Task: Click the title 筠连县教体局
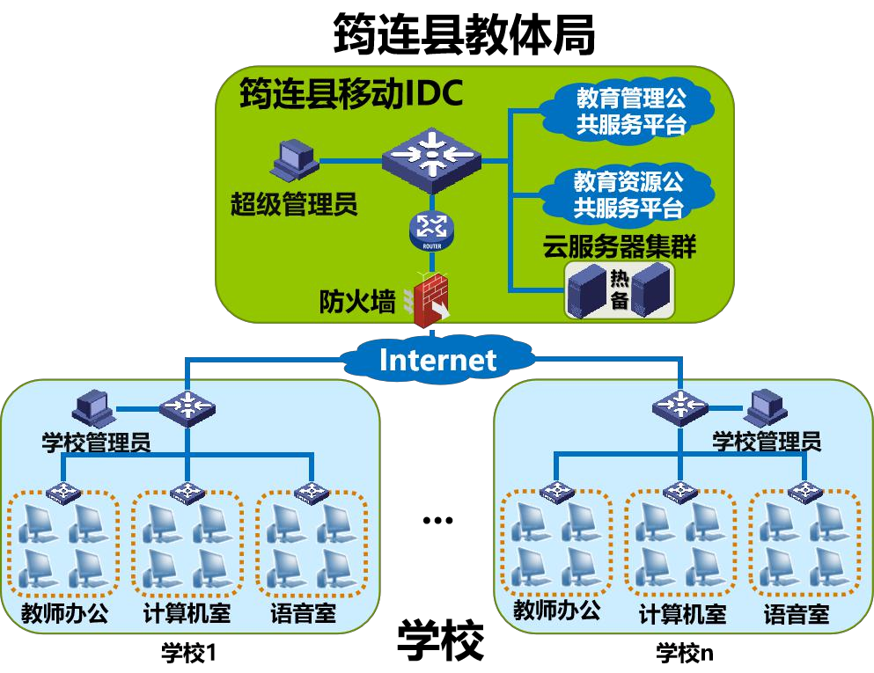pos(464,35)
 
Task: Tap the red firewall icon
pos(430,299)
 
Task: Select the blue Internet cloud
pos(437,359)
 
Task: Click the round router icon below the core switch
pos(431,230)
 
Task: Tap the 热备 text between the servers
pos(620,290)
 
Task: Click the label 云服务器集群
pos(620,246)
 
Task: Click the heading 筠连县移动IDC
pos(350,93)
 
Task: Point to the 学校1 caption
pos(188,653)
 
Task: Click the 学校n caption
pos(685,653)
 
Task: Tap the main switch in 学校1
pos(187,406)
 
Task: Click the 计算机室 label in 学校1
pos(187,612)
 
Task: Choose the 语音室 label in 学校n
pos(796,613)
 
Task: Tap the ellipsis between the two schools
pos(437,520)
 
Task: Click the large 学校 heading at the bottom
pos(441,641)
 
